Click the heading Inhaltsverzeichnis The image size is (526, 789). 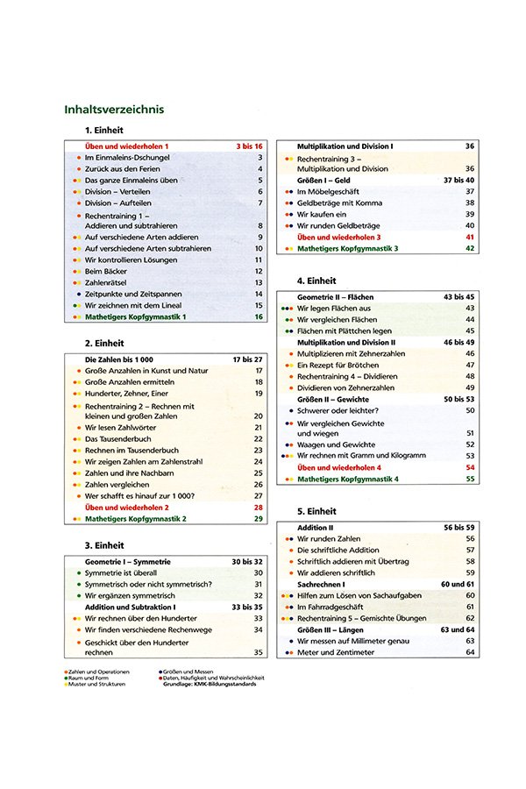click(115, 110)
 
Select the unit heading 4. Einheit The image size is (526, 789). click(317, 281)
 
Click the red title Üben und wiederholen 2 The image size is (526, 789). click(126, 508)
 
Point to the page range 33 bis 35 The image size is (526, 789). click(247, 607)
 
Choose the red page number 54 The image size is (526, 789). click(470, 468)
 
